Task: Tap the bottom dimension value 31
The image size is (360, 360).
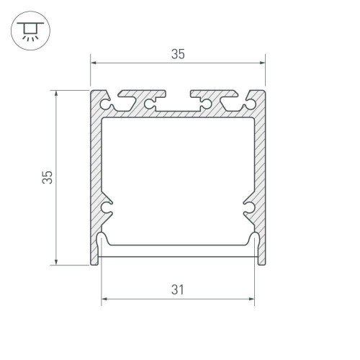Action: (179, 290)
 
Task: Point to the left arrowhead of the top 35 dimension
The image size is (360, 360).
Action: (93, 63)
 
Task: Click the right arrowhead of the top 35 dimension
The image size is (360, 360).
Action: (264, 63)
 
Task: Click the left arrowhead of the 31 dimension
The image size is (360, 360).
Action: (104, 299)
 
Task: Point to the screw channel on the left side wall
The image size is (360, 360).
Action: (107, 208)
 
